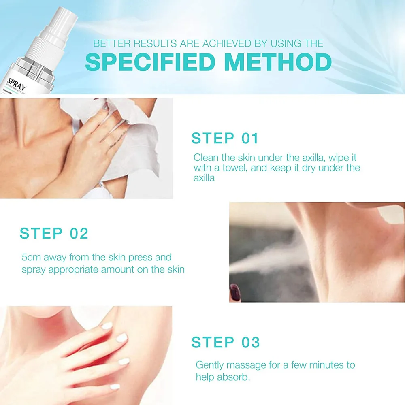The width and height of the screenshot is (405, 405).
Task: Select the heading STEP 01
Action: [x=225, y=139]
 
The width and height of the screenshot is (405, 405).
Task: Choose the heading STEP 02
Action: [x=54, y=233]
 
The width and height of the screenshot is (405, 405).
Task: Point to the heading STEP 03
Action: [x=225, y=342]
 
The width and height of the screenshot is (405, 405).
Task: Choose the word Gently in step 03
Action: [x=209, y=365]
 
